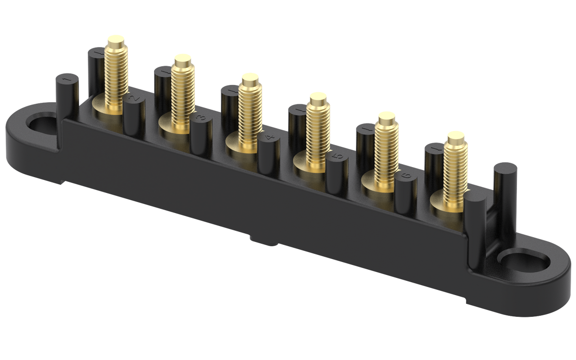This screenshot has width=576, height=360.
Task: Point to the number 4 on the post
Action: (270, 138)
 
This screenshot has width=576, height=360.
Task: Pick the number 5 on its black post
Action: (337, 157)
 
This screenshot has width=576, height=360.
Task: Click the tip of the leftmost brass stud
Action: (115, 39)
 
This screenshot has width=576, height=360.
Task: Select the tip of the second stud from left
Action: (182, 59)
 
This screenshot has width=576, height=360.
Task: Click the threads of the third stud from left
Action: (251, 115)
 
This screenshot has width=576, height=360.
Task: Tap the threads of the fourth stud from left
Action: (318, 134)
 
